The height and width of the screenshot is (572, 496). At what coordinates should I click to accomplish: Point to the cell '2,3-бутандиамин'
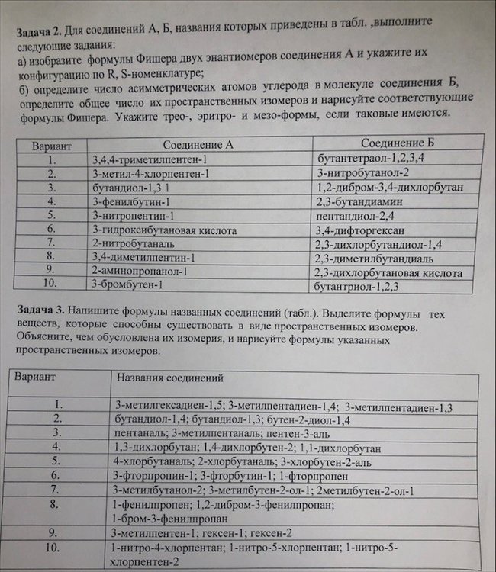pyautogui.click(x=359, y=202)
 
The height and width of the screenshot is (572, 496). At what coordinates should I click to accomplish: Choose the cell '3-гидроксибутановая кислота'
pyautogui.click(x=163, y=230)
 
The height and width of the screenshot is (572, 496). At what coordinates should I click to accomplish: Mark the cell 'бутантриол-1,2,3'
pyautogui.click(x=359, y=287)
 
